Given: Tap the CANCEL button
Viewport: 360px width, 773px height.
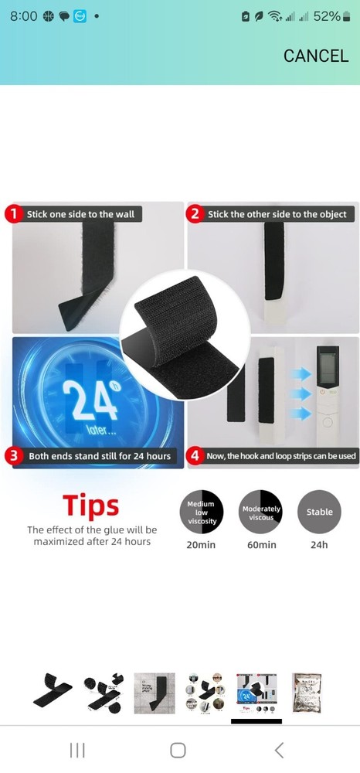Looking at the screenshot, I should point(315,56).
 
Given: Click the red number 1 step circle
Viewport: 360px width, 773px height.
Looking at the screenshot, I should point(14,214).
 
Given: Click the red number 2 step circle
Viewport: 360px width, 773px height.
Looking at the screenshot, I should point(195,214).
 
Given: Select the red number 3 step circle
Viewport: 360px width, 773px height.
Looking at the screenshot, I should point(14,456).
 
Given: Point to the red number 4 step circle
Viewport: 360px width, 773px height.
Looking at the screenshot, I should point(195,456).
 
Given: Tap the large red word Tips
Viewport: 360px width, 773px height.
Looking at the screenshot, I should point(91,505).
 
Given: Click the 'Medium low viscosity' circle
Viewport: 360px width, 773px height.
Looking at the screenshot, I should point(201,512).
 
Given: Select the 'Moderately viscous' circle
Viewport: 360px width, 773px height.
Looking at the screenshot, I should point(261,512).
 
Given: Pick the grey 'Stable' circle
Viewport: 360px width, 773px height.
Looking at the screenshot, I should point(319,512).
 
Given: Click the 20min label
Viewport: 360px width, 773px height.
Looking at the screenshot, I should point(201,545).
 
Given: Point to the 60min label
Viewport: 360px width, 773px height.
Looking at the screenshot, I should point(261,545).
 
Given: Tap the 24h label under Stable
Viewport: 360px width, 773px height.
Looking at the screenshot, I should point(319,545).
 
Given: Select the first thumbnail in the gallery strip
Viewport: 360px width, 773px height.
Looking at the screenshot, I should point(53,693).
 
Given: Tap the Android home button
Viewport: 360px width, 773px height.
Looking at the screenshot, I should point(178,750).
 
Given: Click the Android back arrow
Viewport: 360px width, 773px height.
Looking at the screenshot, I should point(279,750).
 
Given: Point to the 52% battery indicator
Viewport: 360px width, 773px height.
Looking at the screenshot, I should point(326,16).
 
